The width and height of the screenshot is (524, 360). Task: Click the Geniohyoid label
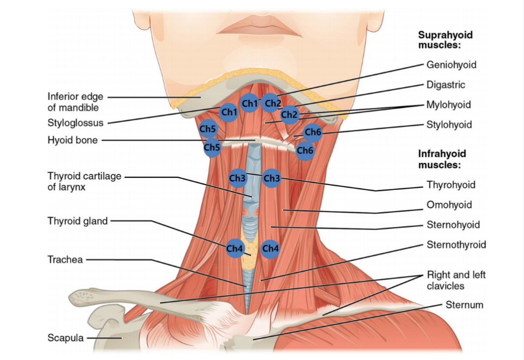(451, 65)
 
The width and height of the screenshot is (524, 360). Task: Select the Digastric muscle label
(446, 85)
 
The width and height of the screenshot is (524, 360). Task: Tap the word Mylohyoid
(448, 105)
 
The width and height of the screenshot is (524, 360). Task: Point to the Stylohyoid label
(449, 125)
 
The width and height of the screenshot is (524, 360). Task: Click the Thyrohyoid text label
(451, 185)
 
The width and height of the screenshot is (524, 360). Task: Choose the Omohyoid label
(449, 205)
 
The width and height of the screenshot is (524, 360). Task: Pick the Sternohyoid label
(453, 225)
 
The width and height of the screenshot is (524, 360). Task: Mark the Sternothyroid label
(456, 245)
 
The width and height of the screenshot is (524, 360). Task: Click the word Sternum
(464, 305)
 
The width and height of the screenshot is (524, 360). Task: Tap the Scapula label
(65, 338)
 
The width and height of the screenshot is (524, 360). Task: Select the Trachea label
(65, 260)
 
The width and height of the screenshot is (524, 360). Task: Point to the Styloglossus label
(76, 123)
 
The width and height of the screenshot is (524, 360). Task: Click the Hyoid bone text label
(72, 140)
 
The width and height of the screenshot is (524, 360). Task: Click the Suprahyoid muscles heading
(445, 39)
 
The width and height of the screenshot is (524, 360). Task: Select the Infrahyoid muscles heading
(442, 159)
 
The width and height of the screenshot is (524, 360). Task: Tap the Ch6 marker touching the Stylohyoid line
(313, 132)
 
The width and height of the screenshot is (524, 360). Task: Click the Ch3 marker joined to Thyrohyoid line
(272, 178)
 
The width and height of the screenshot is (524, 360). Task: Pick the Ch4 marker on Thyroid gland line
(235, 249)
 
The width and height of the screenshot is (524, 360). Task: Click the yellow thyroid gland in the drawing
(249, 248)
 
